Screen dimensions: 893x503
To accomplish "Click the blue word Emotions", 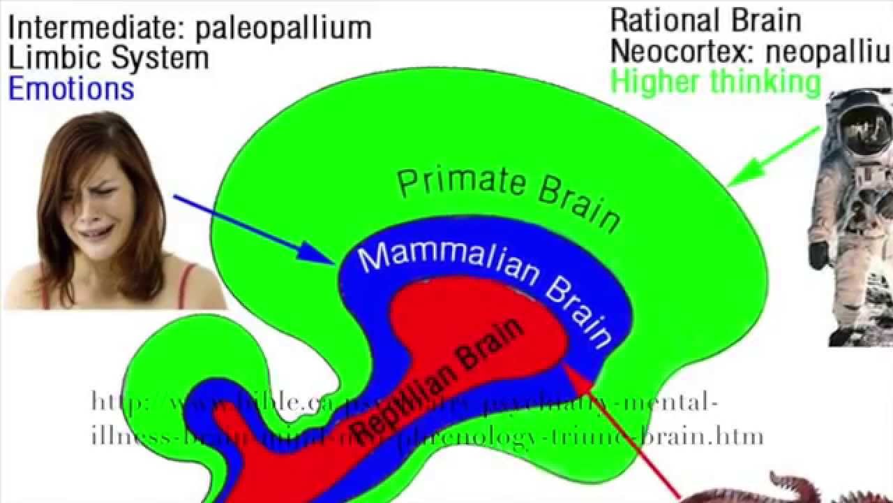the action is point(70,89).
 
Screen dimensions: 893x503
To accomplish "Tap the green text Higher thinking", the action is point(716,82).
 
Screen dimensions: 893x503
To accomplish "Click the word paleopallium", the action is point(282,28).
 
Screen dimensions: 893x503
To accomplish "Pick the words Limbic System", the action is point(108,58).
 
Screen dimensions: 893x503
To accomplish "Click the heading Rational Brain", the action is point(705,21).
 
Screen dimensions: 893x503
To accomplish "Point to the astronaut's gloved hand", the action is point(818,255).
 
